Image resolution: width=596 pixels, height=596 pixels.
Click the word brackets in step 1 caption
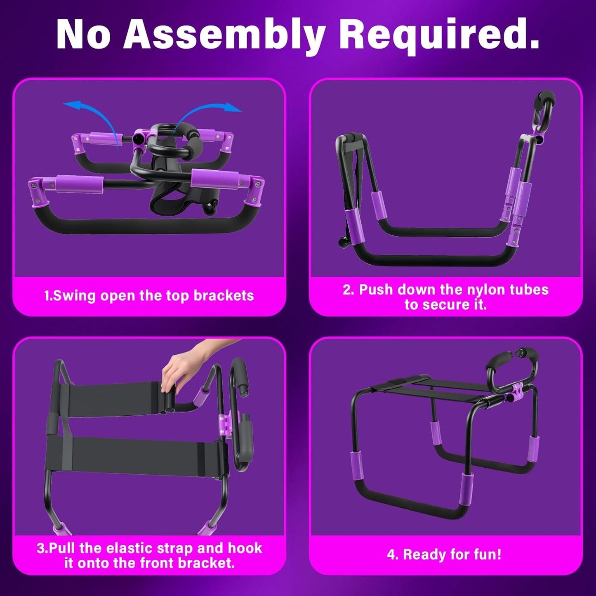(224, 296)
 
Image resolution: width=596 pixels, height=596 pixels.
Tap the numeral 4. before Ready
(393, 555)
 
